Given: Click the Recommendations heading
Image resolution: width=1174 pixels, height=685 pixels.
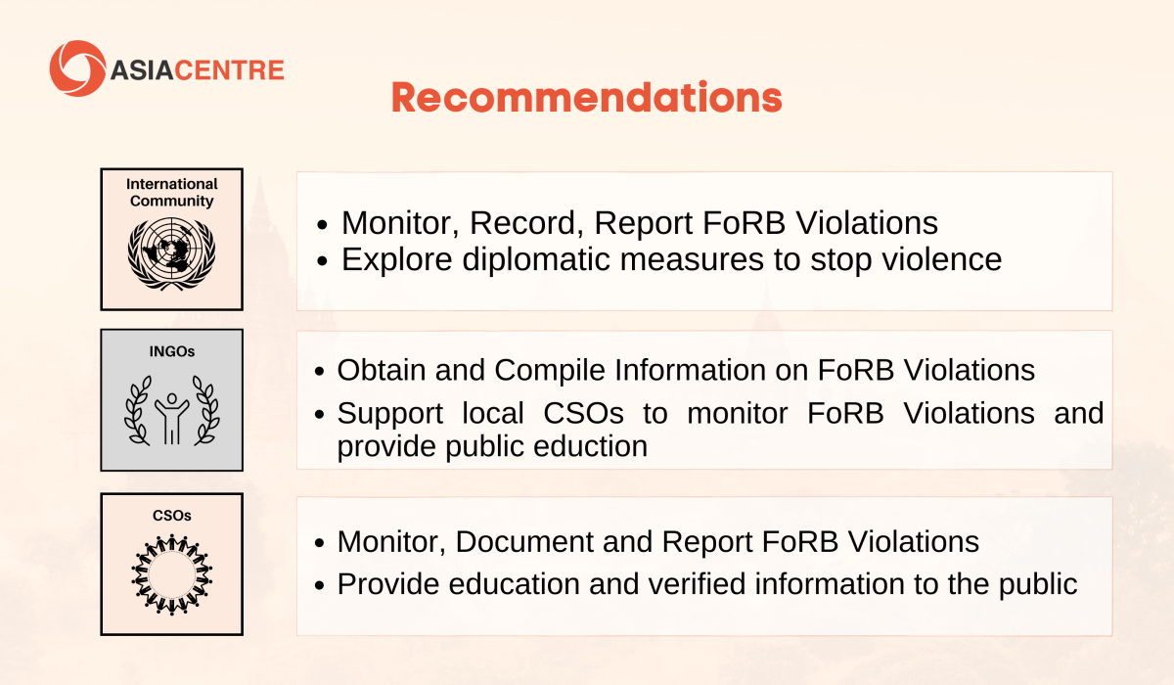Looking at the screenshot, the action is (586, 98).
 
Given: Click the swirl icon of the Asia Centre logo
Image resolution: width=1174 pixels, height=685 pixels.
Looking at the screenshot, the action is (77, 68).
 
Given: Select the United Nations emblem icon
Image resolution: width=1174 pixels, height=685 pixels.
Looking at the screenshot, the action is (171, 253).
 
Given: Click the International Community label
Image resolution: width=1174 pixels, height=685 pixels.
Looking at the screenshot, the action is (172, 193).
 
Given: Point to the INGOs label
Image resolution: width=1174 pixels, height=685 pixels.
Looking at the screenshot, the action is (172, 351).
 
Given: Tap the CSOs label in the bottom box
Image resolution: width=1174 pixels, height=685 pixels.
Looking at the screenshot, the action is (172, 516).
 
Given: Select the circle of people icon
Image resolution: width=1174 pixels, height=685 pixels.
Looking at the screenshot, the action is (171, 574).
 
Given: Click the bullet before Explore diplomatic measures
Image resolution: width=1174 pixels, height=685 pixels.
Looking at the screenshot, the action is (322, 260).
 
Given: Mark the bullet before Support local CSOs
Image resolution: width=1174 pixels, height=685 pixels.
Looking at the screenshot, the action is (320, 415).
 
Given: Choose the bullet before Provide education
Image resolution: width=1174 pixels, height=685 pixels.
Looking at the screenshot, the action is (320, 585).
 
